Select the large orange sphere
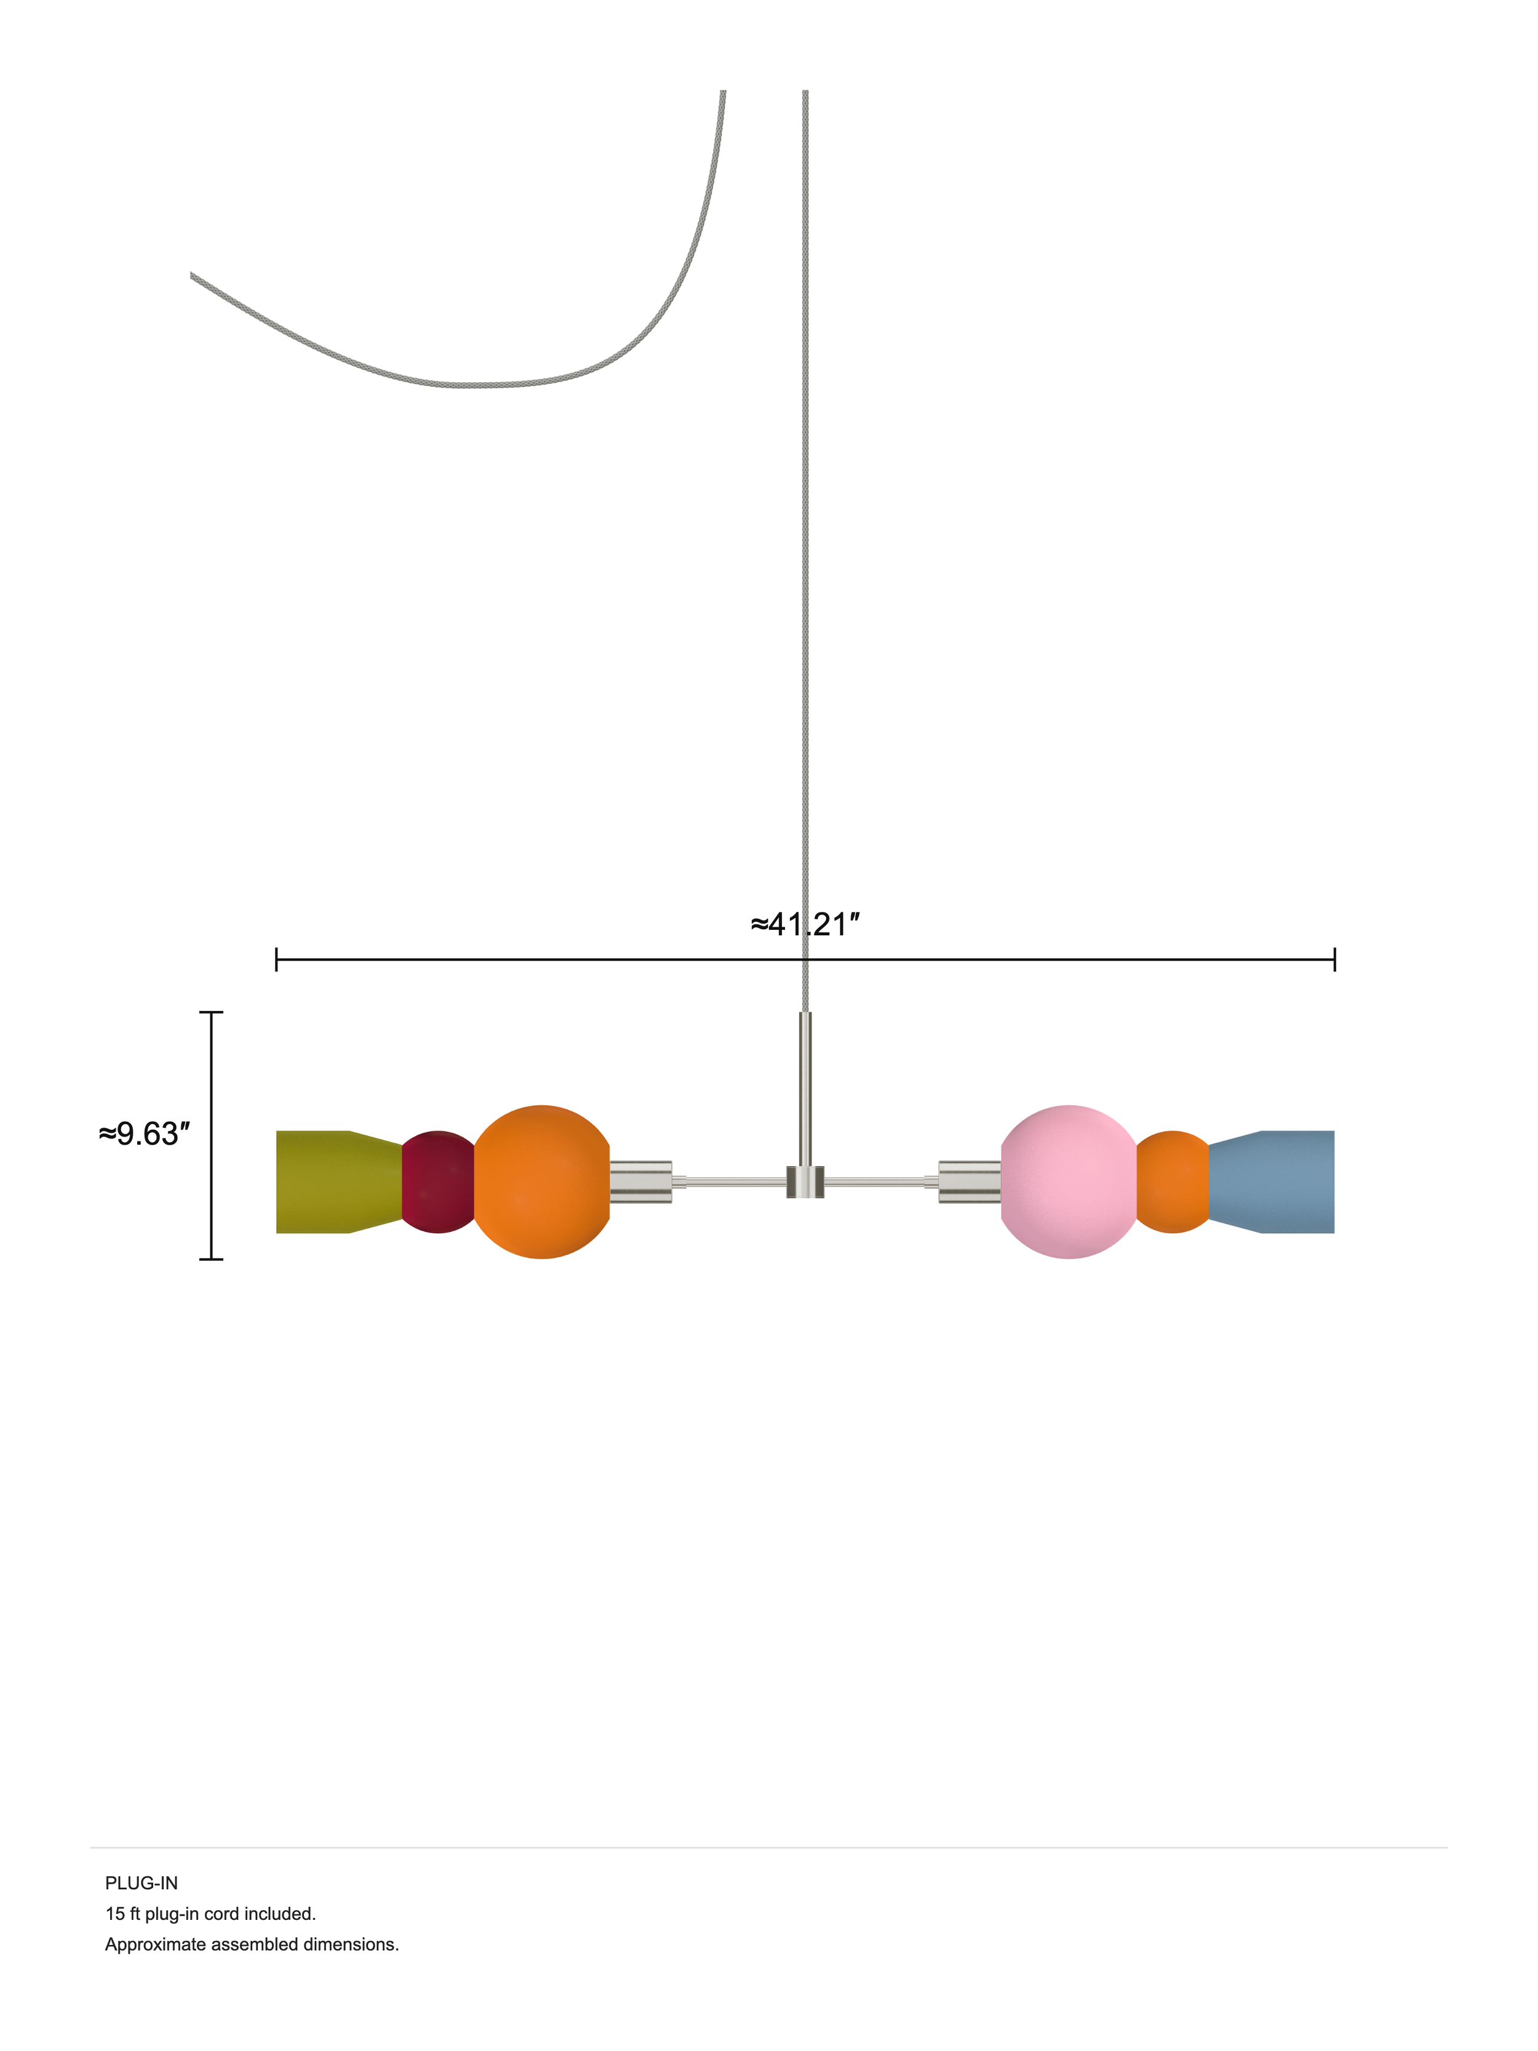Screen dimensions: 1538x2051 pyautogui.click(x=541, y=1181)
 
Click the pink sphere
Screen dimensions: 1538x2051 pyautogui.click(x=1069, y=1181)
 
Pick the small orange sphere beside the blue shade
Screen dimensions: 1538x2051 pyautogui.click(x=1173, y=1181)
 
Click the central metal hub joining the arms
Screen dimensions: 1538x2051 pyautogui.click(x=805, y=1181)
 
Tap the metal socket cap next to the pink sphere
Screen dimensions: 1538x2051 pyautogui.click(x=970, y=1181)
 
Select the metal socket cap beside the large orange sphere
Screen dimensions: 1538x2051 pyautogui.click(x=640, y=1181)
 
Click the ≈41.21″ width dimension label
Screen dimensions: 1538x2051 pyautogui.click(x=805, y=924)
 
